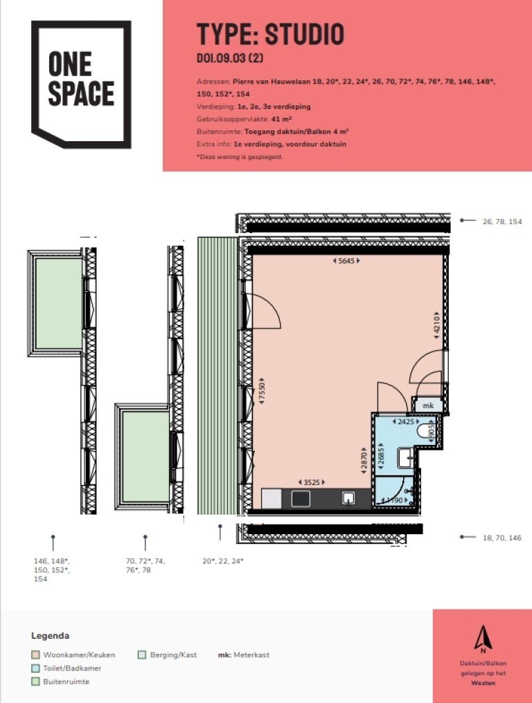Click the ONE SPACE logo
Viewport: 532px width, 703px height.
coord(81,84)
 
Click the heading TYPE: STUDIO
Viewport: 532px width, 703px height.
coord(270,34)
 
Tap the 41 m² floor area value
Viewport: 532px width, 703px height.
coord(281,119)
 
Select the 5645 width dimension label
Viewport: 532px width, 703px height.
coord(346,260)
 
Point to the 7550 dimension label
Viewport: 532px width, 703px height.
coord(262,391)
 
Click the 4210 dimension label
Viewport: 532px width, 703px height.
coord(436,325)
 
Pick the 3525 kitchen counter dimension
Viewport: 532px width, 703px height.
coord(312,482)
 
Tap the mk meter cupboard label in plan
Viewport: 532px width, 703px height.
coord(428,405)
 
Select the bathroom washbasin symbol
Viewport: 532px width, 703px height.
coord(407,458)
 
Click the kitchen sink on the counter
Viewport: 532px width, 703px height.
coord(348,497)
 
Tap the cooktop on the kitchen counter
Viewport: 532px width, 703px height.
coord(301,499)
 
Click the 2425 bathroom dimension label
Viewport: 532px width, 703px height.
coord(406,421)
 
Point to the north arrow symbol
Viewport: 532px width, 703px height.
coord(483,639)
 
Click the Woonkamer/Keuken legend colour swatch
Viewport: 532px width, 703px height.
coord(35,655)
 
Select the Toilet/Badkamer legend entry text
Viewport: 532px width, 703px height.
coord(72,668)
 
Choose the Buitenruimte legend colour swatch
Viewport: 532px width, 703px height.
coord(35,682)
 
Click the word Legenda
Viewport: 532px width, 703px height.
coord(51,636)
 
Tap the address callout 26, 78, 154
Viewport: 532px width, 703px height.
coord(502,221)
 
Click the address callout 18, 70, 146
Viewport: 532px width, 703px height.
coord(502,538)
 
